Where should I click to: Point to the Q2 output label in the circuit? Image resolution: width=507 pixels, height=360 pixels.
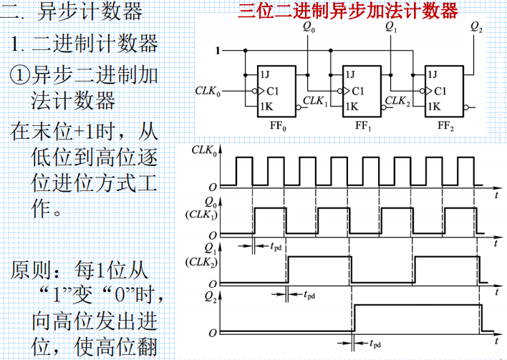click(x=476, y=28)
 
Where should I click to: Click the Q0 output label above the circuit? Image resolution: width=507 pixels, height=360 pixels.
click(x=309, y=28)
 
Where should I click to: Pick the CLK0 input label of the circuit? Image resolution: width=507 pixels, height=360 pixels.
click(x=208, y=92)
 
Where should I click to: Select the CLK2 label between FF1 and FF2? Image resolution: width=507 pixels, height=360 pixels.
click(x=399, y=101)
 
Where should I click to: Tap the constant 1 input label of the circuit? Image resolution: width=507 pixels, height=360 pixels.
click(x=218, y=50)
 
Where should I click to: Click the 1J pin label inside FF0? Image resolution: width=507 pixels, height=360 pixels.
click(x=265, y=74)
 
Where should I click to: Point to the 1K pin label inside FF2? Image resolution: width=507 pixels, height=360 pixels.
click(x=433, y=106)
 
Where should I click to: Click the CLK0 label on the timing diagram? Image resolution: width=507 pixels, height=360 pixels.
click(x=206, y=150)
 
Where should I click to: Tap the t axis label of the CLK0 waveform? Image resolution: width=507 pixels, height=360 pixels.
click(x=496, y=193)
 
